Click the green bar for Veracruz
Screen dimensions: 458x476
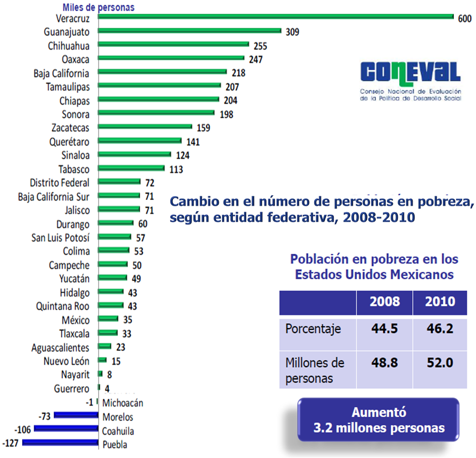(x=276, y=16)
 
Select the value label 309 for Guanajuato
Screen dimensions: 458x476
(x=292, y=32)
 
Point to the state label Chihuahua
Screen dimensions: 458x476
(x=69, y=46)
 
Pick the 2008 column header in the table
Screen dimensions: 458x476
(x=384, y=302)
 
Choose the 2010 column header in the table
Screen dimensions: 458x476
(x=440, y=302)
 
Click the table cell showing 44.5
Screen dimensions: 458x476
(x=384, y=329)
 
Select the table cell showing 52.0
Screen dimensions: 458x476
(x=440, y=363)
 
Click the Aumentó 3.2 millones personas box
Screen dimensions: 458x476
(x=378, y=421)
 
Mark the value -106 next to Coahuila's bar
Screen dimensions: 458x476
(x=24, y=430)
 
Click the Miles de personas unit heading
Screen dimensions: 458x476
(x=98, y=7)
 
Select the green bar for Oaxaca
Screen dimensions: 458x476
(x=171, y=58)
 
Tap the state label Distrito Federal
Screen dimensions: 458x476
(x=60, y=183)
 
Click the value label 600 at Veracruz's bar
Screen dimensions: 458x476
(x=464, y=18)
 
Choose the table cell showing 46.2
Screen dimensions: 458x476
(x=440, y=329)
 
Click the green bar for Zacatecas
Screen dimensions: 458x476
(x=145, y=127)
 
